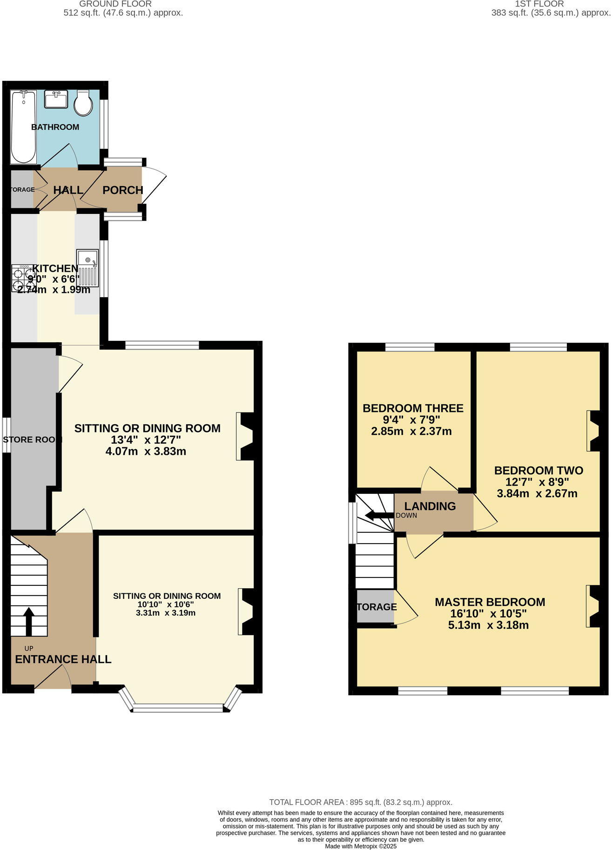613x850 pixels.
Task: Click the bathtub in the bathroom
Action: [x=23, y=126]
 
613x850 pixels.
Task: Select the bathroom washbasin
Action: [x=56, y=99]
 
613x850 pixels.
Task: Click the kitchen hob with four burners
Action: [x=23, y=278]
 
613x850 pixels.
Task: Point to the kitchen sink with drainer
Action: [x=88, y=268]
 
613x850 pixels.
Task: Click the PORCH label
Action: [x=123, y=190]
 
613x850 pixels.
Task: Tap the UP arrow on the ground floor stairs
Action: [x=28, y=621]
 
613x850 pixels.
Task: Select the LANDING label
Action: [x=430, y=506]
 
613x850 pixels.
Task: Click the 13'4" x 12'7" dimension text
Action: [x=146, y=440]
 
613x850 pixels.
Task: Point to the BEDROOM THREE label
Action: [x=413, y=408]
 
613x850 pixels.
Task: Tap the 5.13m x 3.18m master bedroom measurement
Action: [x=488, y=625]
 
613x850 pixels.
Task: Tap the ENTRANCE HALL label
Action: [x=63, y=659]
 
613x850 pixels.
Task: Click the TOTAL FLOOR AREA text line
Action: [x=361, y=802]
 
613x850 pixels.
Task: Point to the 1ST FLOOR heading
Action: [x=539, y=4]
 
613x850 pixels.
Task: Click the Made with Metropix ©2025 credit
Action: [x=361, y=846]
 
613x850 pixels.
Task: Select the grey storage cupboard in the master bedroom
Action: [x=375, y=606]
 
